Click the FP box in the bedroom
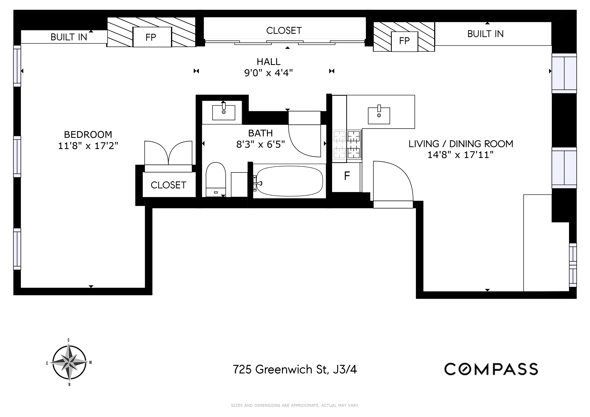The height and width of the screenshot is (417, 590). [152, 37]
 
